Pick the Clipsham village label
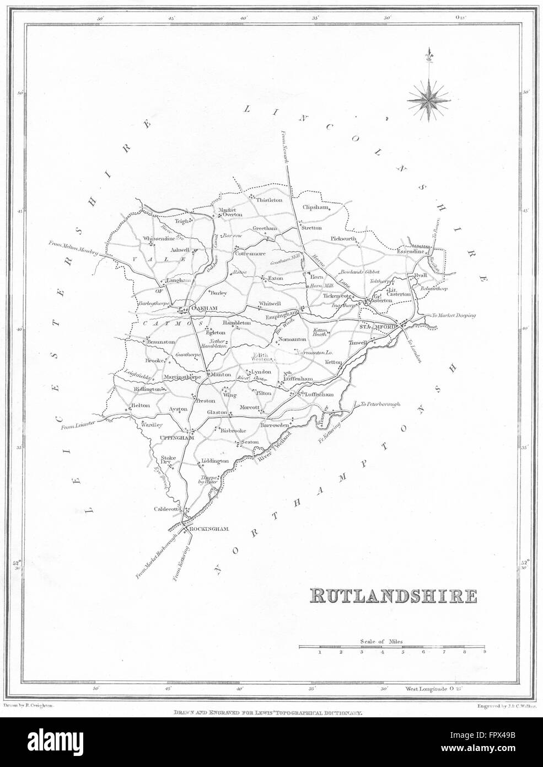tap(315, 208)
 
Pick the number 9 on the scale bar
tap(485, 652)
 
